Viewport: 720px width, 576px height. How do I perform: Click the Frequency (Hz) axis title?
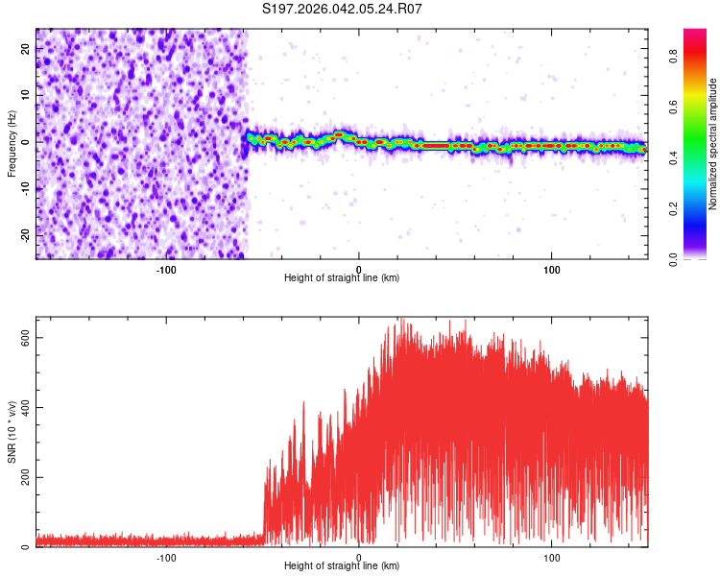pos(12,143)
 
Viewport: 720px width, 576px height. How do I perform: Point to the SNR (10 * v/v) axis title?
pos(12,433)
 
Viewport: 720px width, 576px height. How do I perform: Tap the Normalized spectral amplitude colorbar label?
pos(713,143)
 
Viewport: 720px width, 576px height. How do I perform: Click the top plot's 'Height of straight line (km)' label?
pos(342,277)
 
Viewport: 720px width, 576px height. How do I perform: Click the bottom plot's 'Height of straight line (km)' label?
pos(342,565)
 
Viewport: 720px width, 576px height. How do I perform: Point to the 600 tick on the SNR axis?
pos(23,338)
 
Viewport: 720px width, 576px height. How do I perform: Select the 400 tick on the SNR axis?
pos(23,408)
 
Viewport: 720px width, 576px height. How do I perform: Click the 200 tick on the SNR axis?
pos(23,477)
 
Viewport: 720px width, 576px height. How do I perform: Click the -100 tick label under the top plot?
pos(166,269)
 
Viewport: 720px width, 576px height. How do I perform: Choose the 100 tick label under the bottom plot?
pos(552,557)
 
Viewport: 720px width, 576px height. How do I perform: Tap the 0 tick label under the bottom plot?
pos(359,557)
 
